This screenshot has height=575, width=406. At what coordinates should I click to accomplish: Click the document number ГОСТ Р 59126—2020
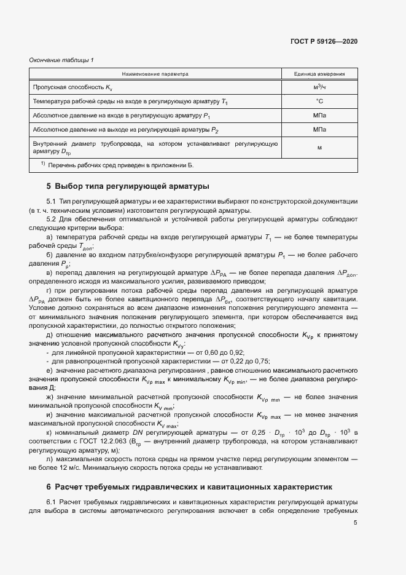(x=324, y=41)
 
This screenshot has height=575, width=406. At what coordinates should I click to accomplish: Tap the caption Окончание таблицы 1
(x=61, y=60)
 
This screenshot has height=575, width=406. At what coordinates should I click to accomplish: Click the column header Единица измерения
(x=319, y=74)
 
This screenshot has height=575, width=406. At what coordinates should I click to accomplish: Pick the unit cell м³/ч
(x=319, y=87)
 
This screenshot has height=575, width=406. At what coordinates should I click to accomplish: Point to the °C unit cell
(x=319, y=101)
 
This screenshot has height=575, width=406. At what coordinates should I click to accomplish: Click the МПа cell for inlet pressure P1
(x=319, y=115)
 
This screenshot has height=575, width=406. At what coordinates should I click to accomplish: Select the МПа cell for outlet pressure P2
(x=319, y=129)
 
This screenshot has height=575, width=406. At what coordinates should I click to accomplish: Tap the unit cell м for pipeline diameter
(x=319, y=147)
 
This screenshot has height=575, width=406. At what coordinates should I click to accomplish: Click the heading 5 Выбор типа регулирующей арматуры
(x=128, y=186)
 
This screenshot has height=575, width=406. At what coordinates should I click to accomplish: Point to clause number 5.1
(x=51, y=202)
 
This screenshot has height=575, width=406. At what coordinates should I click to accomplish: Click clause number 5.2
(x=51, y=219)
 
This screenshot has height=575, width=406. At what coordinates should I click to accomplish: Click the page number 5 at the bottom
(x=355, y=523)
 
